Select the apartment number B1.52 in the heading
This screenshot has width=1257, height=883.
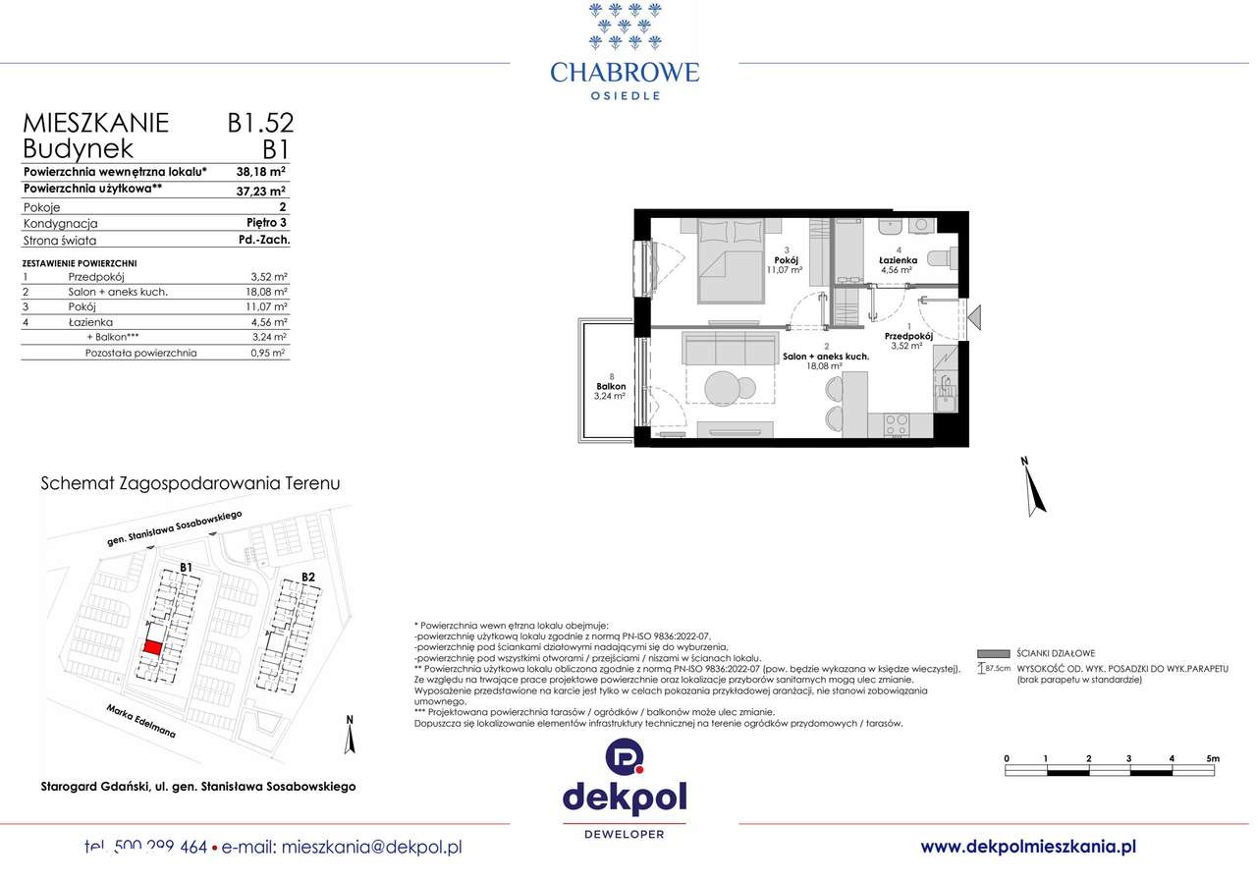point(260,123)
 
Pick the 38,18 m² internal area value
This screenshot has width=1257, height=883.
point(260,170)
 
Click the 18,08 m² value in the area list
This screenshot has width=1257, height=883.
point(266,292)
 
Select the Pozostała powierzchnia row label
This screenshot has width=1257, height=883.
point(140,352)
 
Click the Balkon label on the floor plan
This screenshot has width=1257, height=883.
point(611,386)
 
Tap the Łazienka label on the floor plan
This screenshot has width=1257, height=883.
point(898,260)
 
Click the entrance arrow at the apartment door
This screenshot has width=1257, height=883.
point(975,317)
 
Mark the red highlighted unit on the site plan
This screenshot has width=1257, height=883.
point(152,647)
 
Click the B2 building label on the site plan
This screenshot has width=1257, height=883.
point(307,577)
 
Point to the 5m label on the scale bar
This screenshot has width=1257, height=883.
point(1212,758)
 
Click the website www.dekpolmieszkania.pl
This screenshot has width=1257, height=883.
point(1028,846)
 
